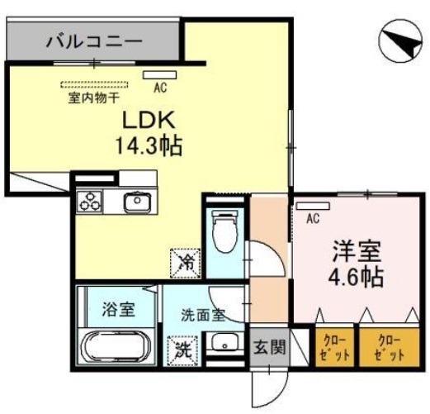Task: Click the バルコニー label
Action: click(x=93, y=40)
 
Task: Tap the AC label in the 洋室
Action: click(x=312, y=219)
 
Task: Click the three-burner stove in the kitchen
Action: click(x=90, y=201)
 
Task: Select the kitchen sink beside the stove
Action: click(x=136, y=201)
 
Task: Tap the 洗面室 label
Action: click(x=202, y=314)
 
